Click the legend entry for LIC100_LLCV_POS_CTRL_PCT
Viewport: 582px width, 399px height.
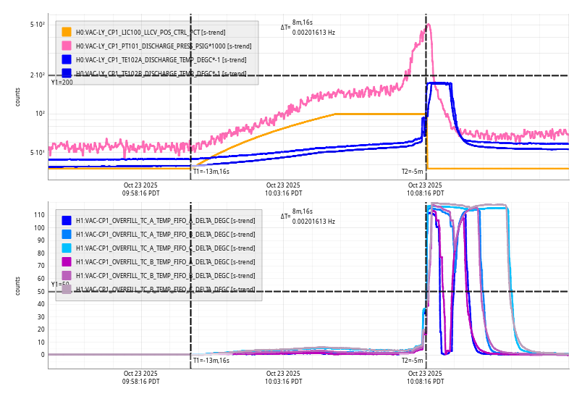pyautogui.click(x=138, y=33)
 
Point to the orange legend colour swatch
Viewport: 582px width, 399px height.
pyautogui.click(x=67, y=33)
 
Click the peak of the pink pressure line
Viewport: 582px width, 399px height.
pyautogui.click(x=429, y=25)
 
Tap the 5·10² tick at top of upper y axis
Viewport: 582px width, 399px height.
pyautogui.click(x=38, y=25)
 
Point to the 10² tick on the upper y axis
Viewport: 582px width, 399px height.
pyautogui.click(x=40, y=114)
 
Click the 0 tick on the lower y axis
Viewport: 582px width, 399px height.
pyautogui.click(x=43, y=355)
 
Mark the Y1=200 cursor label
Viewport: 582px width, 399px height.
pyautogui.click(x=62, y=83)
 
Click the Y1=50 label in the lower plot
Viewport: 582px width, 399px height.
pyautogui.click(x=59, y=285)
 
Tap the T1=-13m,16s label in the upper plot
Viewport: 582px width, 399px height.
pyautogui.click(x=211, y=172)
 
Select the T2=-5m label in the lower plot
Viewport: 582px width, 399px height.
pyautogui.click(x=412, y=360)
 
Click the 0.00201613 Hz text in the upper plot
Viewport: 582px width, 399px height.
pyautogui.click(x=313, y=33)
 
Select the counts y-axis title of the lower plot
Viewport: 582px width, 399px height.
pyautogui.click(x=18, y=285)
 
